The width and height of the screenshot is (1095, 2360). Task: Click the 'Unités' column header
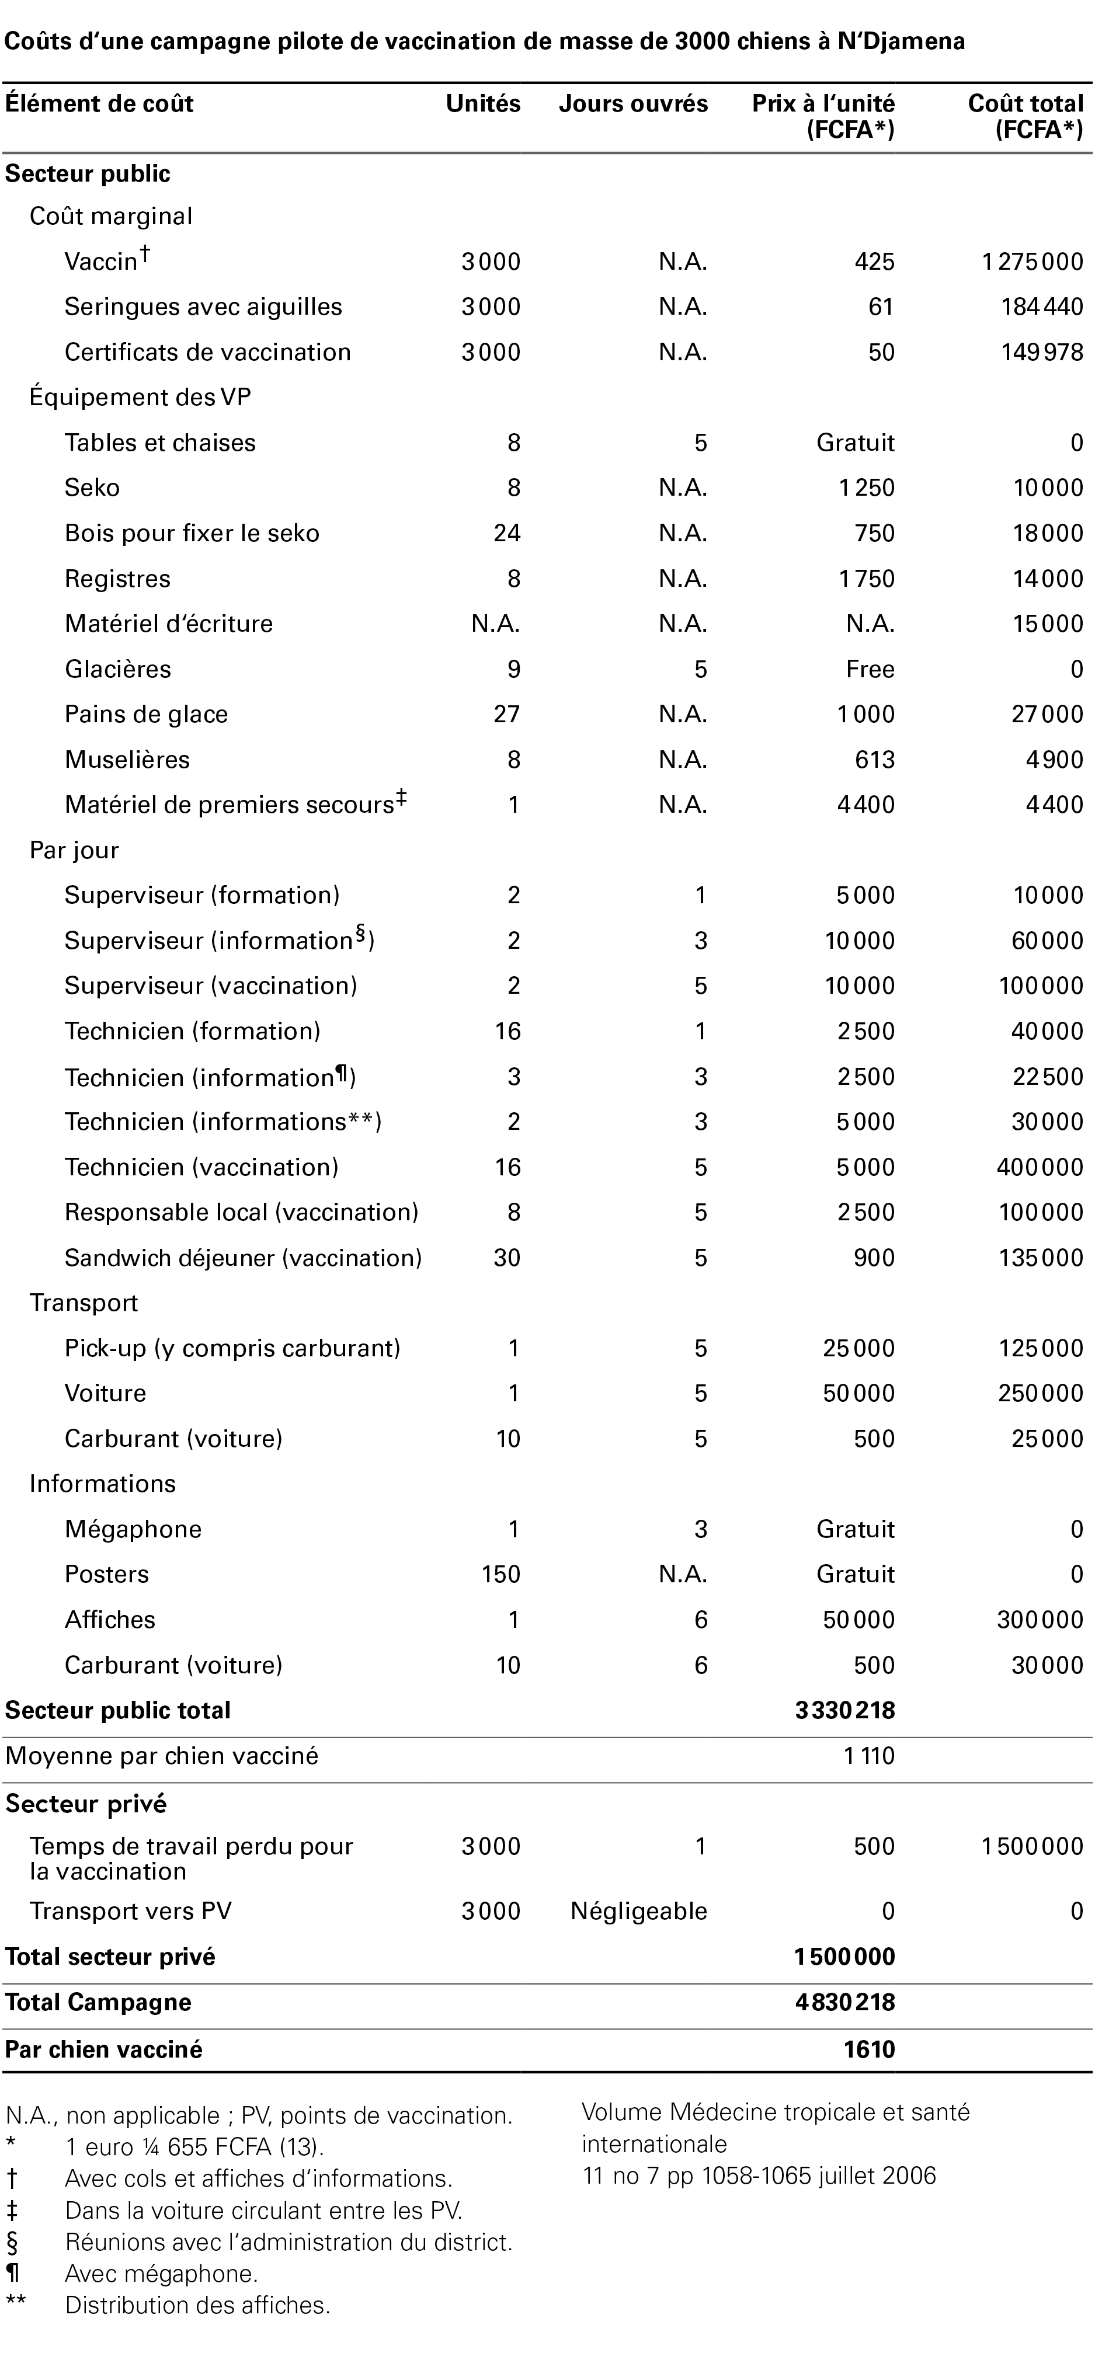pyautogui.click(x=483, y=103)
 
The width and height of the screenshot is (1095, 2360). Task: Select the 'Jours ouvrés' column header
pyautogui.click(x=633, y=103)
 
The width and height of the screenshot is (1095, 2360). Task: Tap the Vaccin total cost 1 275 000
pyautogui.click(x=1033, y=262)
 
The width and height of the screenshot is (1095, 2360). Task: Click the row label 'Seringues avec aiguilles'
pyautogui.click(x=203, y=307)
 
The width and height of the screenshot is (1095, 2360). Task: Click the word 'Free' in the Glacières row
pyautogui.click(x=870, y=669)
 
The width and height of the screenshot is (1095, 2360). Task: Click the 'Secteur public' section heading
pyautogui.click(x=88, y=173)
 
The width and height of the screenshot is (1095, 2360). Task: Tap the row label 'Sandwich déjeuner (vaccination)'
pyautogui.click(x=243, y=1258)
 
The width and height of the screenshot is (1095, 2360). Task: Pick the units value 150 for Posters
pyautogui.click(x=500, y=1574)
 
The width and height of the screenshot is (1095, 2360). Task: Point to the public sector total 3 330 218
pyautogui.click(x=845, y=1711)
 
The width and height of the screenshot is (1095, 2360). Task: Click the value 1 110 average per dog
pyautogui.click(x=868, y=1756)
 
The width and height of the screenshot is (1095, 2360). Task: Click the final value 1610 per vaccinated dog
pyautogui.click(x=868, y=2049)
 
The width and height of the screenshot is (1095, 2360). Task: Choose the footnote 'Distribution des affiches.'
pyautogui.click(x=197, y=2305)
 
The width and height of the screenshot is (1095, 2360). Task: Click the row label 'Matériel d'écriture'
pyautogui.click(x=169, y=624)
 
